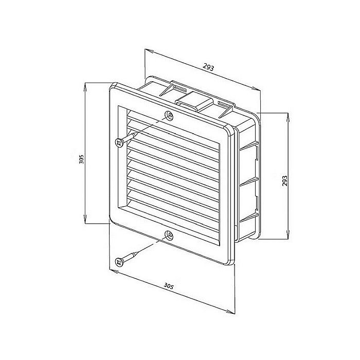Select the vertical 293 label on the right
click(x=284, y=180)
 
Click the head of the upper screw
click(x=119, y=142)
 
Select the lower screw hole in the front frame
click(x=168, y=236)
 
